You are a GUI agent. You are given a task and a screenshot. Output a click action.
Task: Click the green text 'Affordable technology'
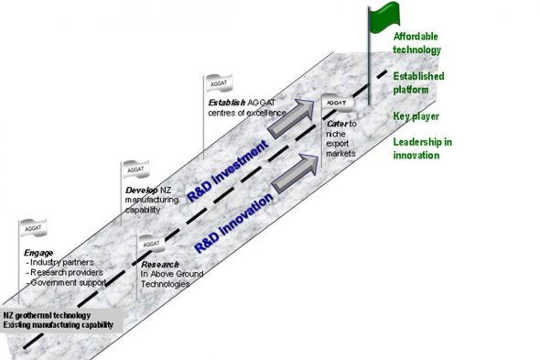click(x=417, y=42)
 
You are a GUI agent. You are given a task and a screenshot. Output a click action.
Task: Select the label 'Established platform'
click(x=417, y=82)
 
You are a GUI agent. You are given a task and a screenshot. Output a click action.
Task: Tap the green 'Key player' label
click(x=416, y=116)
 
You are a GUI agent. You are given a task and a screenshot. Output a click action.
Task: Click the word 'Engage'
click(x=38, y=252)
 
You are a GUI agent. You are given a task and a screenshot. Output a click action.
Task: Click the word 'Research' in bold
click(x=153, y=264)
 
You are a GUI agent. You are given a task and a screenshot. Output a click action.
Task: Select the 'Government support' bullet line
click(x=65, y=283)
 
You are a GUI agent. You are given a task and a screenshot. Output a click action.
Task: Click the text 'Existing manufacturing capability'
click(x=58, y=324)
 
